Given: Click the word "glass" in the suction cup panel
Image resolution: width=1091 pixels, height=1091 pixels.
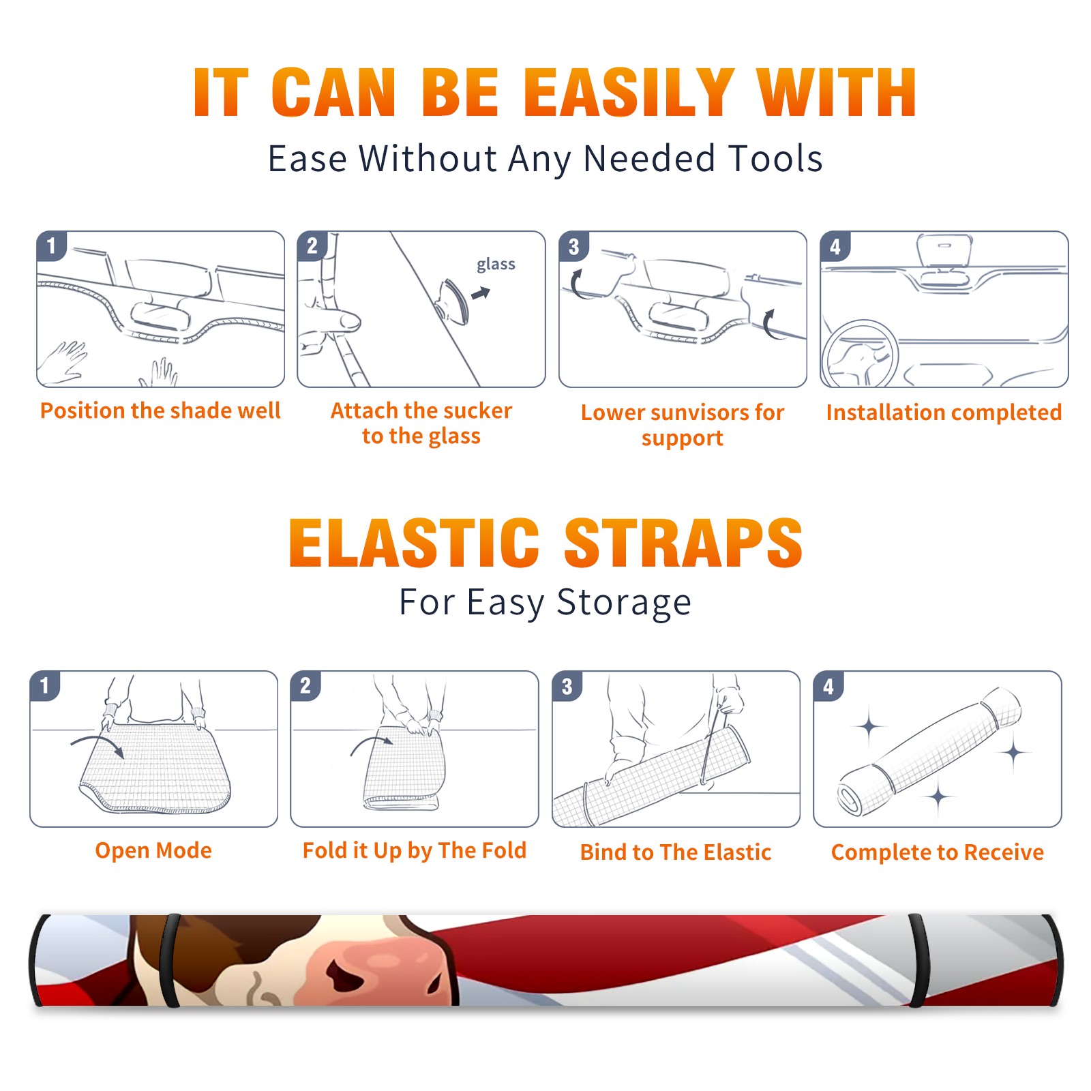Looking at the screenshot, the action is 496,265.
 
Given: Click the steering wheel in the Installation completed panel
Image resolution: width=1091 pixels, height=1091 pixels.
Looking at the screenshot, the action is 860,354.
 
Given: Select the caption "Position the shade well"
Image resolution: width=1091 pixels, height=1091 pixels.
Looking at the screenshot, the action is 160,410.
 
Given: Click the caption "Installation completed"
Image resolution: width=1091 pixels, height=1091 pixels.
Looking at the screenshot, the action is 944,413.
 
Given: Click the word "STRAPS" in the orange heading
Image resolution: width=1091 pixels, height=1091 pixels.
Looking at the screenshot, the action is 683,543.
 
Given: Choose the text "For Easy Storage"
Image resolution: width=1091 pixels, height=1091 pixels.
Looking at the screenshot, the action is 545,603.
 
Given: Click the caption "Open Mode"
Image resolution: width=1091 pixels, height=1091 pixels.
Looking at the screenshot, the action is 153,850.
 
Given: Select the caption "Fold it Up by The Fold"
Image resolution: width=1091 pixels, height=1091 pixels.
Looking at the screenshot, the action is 415,850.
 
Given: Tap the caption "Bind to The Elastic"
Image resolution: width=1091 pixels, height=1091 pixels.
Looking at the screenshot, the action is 676,852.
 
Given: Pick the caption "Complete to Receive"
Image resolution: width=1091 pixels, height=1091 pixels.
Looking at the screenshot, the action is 938,852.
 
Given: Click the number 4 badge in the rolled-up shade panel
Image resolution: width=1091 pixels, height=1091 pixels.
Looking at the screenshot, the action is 828,687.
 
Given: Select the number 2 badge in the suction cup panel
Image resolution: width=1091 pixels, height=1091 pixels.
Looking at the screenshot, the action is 312,246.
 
